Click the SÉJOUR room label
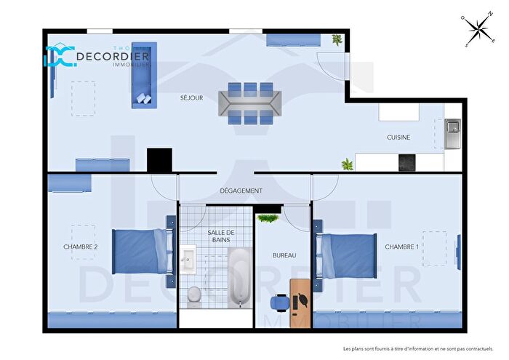point(192,97)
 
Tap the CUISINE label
point(398,137)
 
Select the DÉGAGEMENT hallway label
point(241,191)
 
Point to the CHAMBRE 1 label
point(402,247)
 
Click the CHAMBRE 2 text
point(81,247)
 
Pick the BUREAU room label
point(284,256)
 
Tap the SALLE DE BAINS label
point(221,235)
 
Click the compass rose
point(478,29)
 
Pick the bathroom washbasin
point(188,258)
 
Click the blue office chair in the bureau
point(278,301)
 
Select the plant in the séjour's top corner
point(337,40)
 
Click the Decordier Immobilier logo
point(97,57)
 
